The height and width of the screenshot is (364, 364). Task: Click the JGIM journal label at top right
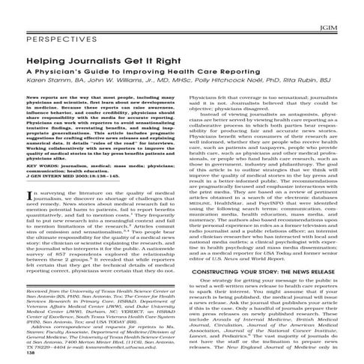pyautogui.click(x=347, y=8)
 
